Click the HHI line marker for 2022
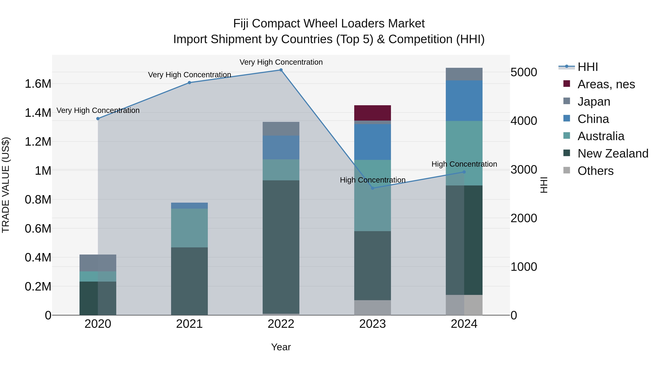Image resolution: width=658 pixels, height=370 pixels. [x=281, y=70]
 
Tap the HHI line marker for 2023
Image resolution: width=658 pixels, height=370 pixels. [x=373, y=188]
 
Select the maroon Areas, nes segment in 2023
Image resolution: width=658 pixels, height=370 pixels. [x=373, y=113]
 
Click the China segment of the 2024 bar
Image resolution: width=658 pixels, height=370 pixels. [x=464, y=101]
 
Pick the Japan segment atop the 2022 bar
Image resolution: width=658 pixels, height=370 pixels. [x=281, y=129]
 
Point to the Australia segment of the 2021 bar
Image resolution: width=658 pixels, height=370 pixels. [x=189, y=228]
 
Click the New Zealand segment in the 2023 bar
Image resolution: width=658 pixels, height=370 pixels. [x=373, y=265]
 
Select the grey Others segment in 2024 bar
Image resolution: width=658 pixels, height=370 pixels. [x=464, y=305]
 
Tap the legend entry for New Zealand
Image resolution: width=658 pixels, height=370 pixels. [x=612, y=153]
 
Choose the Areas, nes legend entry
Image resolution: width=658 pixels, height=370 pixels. [x=606, y=84]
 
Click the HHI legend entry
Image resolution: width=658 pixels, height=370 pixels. [x=587, y=67]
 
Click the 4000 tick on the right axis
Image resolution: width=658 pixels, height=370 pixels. [x=524, y=121]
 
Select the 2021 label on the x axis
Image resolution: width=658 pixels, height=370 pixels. [x=189, y=324]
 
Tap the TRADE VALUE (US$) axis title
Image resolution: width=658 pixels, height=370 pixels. [x=6, y=185]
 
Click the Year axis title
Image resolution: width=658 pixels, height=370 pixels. [x=281, y=347]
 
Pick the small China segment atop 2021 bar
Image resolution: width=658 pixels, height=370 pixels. [x=189, y=206]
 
